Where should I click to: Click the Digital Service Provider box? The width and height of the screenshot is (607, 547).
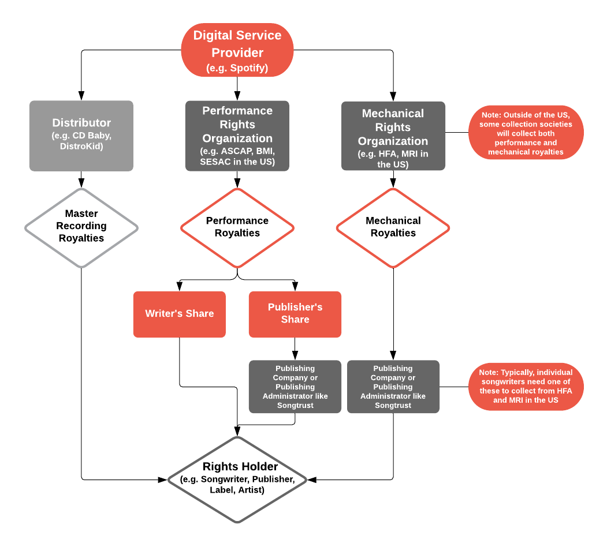coord(237,50)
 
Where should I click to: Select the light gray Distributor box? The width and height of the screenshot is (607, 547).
coord(81,136)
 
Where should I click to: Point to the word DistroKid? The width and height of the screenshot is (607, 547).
coord(81,147)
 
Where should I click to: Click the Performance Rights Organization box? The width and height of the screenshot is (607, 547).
coord(237,136)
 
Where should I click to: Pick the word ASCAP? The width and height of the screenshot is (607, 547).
coord(238,151)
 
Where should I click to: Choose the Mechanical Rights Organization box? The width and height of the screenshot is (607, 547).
coord(393,136)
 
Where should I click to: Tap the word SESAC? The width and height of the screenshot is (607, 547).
coord(216,162)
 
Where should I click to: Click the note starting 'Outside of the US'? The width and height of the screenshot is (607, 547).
coord(526,133)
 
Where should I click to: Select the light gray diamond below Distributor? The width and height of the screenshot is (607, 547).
coord(81,228)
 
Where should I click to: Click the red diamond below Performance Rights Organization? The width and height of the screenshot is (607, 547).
coord(237,228)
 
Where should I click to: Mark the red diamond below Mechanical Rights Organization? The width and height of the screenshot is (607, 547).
coord(393,228)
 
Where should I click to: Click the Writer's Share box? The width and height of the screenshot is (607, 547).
coord(179,314)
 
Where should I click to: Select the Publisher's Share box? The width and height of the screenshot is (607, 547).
coord(295,314)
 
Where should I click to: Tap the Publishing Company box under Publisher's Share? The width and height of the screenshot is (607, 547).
coord(295,387)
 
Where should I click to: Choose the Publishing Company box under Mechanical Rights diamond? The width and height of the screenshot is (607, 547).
coord(393,387)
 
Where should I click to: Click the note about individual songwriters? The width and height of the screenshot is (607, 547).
coord(526,386)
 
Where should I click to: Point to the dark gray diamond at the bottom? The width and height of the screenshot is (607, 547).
coord(237,479)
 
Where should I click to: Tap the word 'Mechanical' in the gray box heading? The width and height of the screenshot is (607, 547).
coord(393,113)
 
